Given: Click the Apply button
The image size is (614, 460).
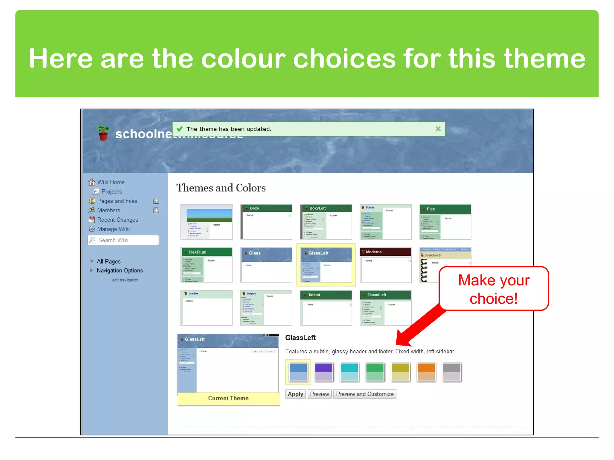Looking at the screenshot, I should coord(295,394).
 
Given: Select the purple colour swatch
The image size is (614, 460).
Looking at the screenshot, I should coord(324,372).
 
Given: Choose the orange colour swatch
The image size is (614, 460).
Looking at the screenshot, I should coord(426,372).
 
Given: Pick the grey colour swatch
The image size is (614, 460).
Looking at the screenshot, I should coord(452,372).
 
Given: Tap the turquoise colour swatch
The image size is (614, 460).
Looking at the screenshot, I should coord(349,372).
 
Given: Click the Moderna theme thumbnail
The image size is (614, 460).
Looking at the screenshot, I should coord(386,265).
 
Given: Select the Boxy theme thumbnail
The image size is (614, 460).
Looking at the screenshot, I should coord(266,222).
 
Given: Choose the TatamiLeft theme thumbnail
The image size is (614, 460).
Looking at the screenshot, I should coord(386,308).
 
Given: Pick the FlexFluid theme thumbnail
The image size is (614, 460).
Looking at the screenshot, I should coord(207,265).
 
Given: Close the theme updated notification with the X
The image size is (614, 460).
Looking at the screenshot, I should coord(438,129).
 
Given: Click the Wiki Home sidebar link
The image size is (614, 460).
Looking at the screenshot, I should coord(111,182).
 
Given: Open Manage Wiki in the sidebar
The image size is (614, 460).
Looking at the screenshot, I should coord(113,229).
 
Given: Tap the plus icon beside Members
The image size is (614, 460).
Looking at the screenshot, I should coord(156,210).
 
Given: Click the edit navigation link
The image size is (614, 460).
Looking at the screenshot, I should coord(125,280).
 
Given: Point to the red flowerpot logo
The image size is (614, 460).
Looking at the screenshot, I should coord(103,134).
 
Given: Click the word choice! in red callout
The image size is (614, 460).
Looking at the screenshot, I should coord(493,299).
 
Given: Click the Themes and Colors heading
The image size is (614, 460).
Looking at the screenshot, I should coord(221,188).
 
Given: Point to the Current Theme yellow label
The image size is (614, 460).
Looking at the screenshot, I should coord(228,398).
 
